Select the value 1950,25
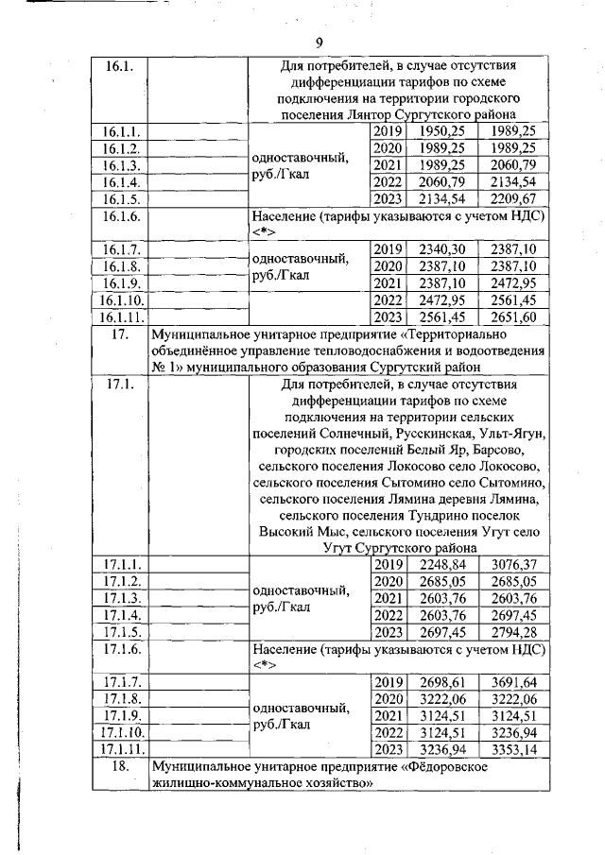pyautogui.click(x=440, y=131)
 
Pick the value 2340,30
pyautogui.click(x=440, y=249)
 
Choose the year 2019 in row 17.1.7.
pyautogui.click(x=389, y=682)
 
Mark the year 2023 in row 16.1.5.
pyautogui.click(x=389, y=198)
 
